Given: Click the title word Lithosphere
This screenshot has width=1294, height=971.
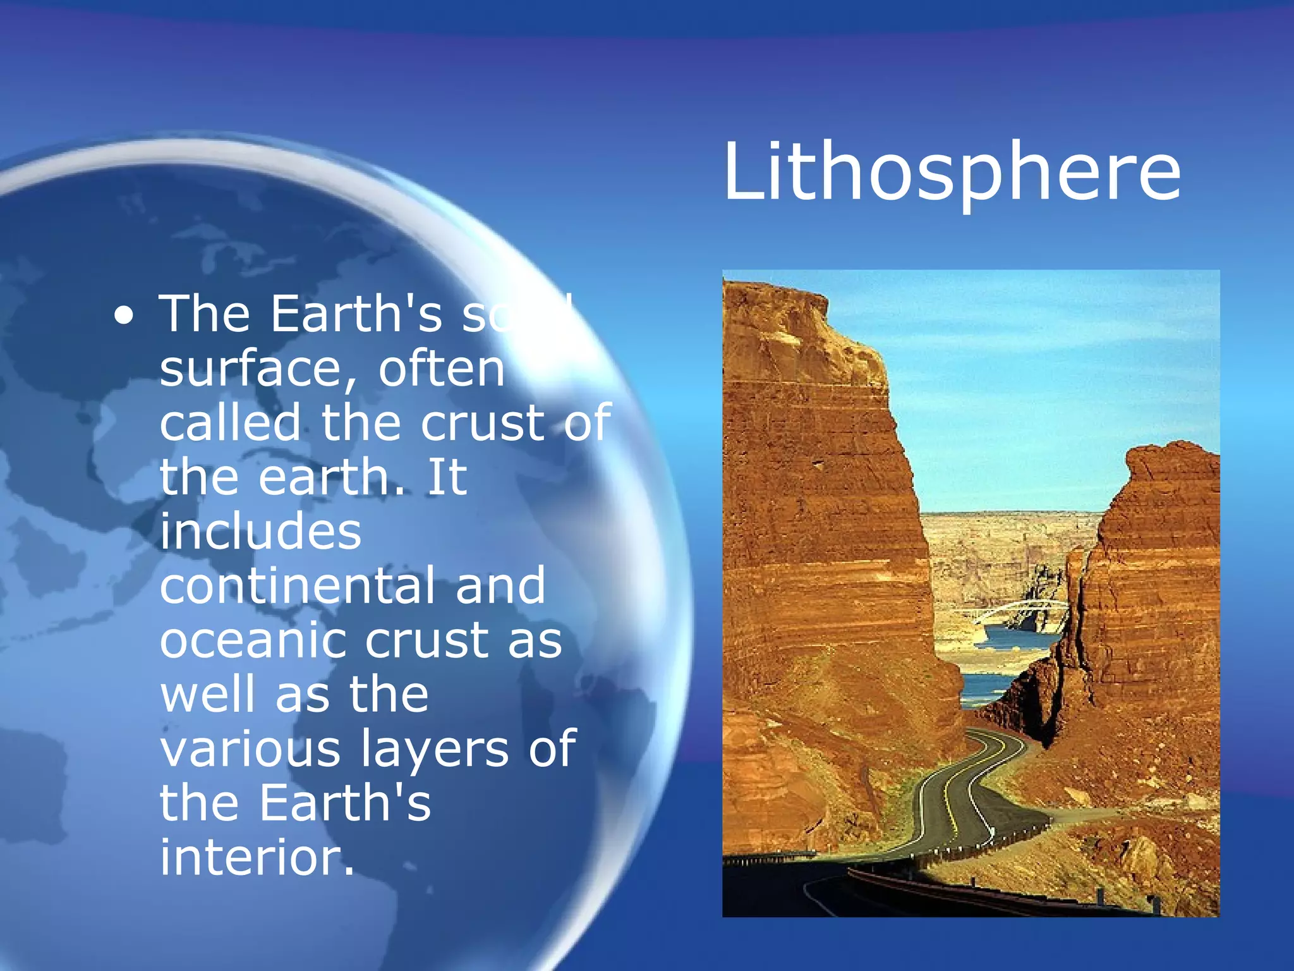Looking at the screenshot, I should point(951,172).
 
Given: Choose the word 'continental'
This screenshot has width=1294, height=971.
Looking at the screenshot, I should point(297,585).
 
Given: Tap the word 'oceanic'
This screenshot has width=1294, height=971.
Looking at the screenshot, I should point(253,641).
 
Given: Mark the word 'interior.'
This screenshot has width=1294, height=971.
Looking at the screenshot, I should point(257,857).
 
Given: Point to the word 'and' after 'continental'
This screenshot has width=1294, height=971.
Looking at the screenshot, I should point(500,585).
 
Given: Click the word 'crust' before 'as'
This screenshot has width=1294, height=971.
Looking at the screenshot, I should point(427,641).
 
